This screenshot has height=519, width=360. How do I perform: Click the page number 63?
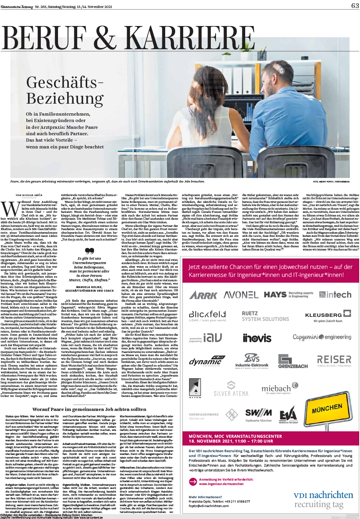(355, 6)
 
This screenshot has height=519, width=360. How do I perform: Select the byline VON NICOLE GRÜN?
(29, 195)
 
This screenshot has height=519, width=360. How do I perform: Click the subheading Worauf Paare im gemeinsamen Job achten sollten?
(90, 410)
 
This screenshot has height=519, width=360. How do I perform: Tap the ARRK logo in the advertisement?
(203, 295)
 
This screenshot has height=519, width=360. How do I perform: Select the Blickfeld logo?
(207, 316)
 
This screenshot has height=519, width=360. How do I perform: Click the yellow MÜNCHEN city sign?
(327, 409)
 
